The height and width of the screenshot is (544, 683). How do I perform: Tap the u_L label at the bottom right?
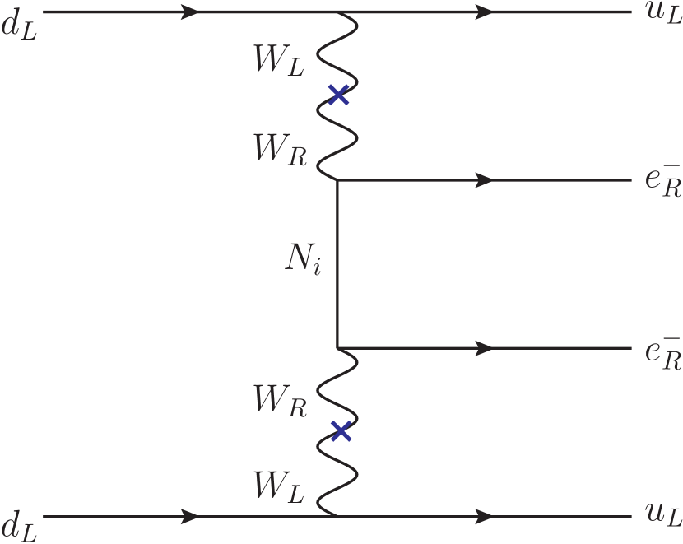(x=663, y=515)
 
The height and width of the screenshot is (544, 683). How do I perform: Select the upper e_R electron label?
(x=663, y=181)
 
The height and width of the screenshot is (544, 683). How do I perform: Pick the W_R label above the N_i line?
(x=280, y=149)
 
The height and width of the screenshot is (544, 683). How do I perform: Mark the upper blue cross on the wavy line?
(x=338, y=96)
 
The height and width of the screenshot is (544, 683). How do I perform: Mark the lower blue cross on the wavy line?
(x=340, y=430)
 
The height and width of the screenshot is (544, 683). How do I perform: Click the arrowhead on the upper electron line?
(x=485, y=180)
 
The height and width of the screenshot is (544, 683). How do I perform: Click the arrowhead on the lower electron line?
(x=485, y=349)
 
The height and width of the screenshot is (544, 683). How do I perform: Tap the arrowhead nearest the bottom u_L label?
(x=485, y=518)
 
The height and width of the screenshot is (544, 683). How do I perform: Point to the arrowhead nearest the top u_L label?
(x=485, y=12)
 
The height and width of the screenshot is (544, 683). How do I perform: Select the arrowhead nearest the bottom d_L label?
(x=189, y=518)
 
